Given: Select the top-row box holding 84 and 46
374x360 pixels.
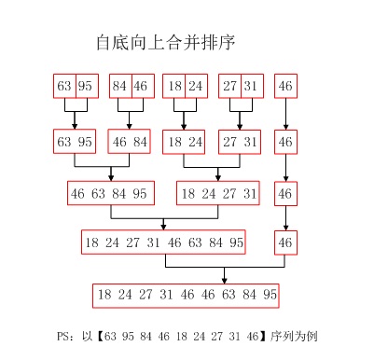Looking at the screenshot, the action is click(131, 87).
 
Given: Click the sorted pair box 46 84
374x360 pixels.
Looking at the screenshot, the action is click(131, 143).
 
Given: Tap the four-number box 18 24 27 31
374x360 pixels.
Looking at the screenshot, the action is click(218, 193).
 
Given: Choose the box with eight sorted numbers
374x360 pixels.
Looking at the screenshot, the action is click(165, 243).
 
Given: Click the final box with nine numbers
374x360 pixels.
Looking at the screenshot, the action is click(187, 296).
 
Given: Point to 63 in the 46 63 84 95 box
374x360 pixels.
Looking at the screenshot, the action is click(98, 193).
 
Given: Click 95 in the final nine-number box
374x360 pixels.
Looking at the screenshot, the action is click(269, 296).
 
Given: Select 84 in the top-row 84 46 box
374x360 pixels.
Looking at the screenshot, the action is click(119, 87).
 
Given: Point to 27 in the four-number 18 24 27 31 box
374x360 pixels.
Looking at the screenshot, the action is click(229, 193).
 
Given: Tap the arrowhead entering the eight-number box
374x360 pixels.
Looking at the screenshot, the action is click(165, 228).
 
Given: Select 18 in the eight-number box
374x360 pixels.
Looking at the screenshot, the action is click(91, 243).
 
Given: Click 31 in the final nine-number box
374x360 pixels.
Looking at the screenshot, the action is click(166, 296).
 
